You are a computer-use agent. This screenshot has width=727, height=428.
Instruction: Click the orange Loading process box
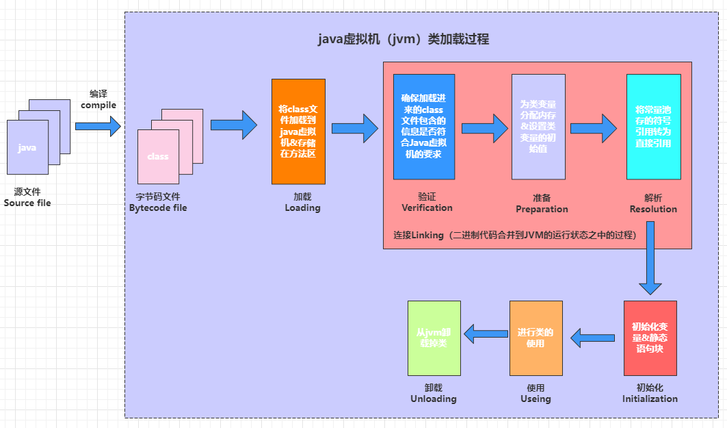(298, 131)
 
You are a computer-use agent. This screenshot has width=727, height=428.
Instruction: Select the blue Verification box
(424, 127)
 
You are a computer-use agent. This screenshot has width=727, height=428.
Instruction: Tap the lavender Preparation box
(538, 127)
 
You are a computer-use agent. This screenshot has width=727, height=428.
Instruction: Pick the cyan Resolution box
(653, 127)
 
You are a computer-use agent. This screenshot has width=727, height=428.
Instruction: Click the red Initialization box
(650, 338)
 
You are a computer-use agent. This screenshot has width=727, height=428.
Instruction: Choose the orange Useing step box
(536, 338)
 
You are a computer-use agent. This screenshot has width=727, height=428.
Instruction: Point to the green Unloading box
(434, 338)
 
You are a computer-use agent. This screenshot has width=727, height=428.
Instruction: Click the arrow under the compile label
(98, 126)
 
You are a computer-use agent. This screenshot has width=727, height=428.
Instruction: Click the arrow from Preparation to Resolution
(594, 128)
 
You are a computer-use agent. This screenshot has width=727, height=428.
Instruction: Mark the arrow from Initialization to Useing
(593, 338)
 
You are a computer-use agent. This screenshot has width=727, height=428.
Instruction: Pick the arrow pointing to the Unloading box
(486, 335)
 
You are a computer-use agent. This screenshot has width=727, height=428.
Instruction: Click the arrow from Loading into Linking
(354, 128)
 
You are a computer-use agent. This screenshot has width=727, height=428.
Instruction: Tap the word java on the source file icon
(27, 148)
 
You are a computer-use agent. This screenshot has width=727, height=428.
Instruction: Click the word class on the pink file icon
(157, 156)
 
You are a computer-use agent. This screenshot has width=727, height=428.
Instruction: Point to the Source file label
(27, 203)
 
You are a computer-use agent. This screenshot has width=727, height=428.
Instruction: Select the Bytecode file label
(158, 207)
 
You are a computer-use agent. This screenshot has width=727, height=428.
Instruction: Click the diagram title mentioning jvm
(404, 39)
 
